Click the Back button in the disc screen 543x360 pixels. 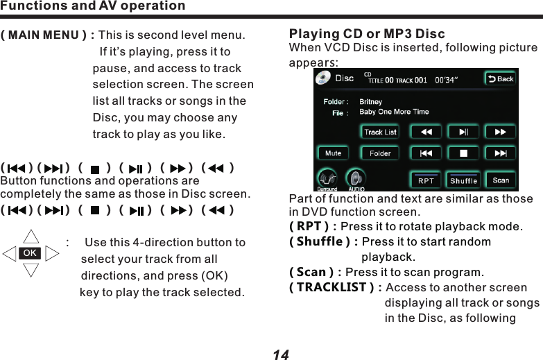500,78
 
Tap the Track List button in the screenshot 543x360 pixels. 380,132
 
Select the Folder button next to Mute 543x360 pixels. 380,153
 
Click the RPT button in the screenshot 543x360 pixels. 426,180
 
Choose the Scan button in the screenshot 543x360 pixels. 501,180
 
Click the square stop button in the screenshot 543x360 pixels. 463,153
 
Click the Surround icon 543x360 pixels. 327,179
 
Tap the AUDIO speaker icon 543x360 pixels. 356,179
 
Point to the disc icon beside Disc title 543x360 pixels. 323,78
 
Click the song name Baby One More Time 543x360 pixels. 394,112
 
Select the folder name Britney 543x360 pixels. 371,102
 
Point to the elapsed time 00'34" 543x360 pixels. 446,79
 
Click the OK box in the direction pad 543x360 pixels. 31,254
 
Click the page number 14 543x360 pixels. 280,354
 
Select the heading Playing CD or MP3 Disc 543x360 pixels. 367,34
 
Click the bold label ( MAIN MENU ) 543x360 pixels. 48,35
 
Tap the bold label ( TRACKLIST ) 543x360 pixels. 335,288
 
